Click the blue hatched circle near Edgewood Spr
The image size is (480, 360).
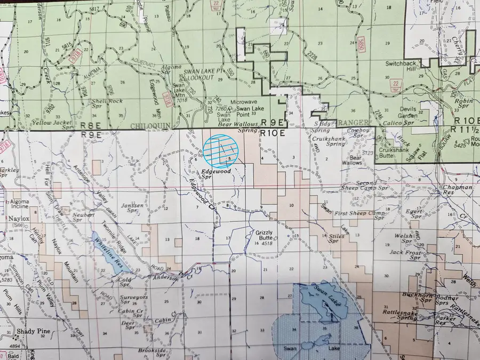pos(221,152)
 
